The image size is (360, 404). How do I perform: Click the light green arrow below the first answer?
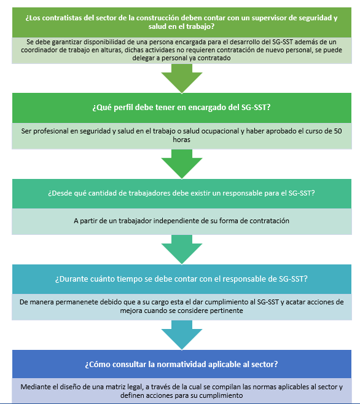click(x=182, y=78)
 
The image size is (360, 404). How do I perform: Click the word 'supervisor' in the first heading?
click(x=268, y=18)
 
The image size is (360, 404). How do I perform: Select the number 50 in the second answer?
click(x=338, y=131)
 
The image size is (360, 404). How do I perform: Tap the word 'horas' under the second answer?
click(x=181, y=140)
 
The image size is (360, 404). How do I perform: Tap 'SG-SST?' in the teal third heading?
click(x=301, y=193)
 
